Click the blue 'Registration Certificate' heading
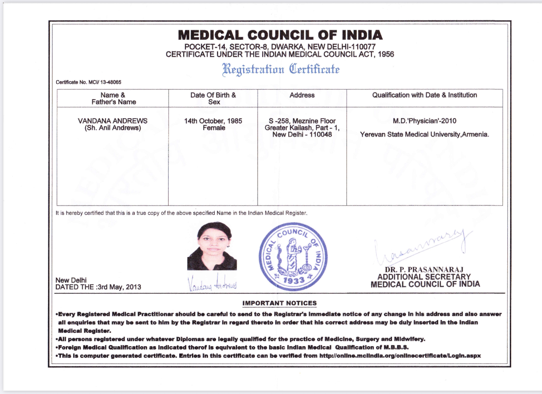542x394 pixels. [281, 69]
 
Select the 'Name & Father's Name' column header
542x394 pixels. [113, 98]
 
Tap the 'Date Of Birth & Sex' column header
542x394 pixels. [213, 98]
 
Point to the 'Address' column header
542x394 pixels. [302, 95]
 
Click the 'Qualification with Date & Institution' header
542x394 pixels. [425, 95]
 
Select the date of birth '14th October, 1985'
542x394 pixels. [213, 121]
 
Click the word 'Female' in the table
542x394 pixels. [214, 128]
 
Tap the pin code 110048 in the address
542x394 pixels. [321, 135]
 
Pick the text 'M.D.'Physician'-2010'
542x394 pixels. [425, 121]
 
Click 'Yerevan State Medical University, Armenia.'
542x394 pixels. [425, 135]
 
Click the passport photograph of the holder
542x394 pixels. [212, 246]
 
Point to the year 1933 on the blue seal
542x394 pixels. [293, 280]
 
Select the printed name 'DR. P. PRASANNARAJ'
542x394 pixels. [424, 270]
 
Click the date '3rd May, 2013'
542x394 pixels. [119, 287]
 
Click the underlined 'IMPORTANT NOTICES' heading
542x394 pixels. [279, 303]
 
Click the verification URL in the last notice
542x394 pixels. [400, 356]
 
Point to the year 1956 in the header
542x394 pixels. [386, 54]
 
